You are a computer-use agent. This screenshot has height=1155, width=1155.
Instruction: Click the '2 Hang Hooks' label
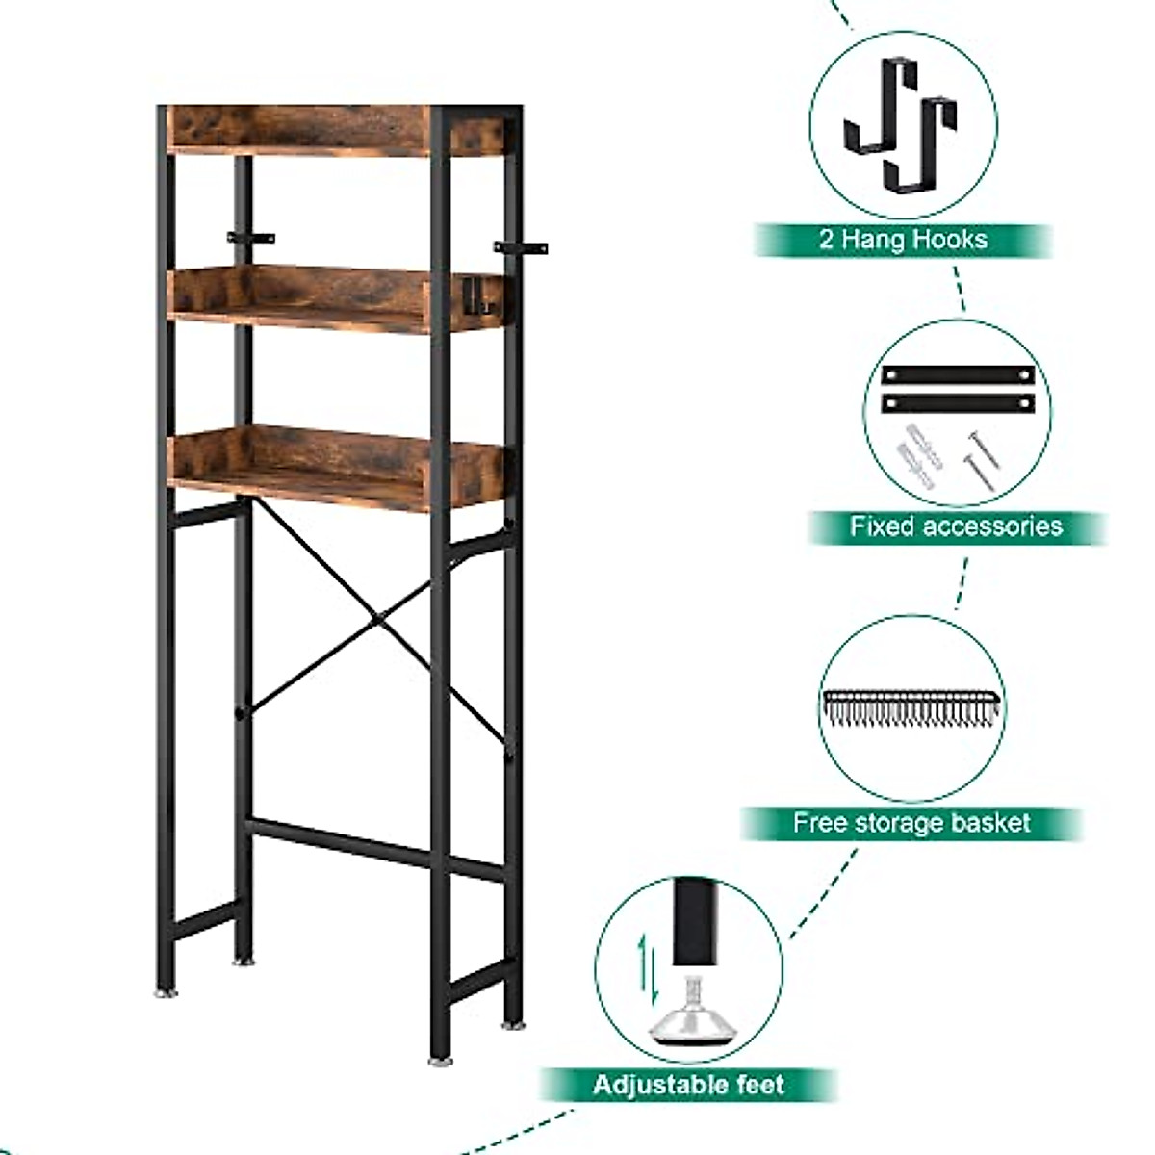[x=902, y=240]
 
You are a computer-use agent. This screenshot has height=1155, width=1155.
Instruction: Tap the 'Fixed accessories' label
[x=955, y=526]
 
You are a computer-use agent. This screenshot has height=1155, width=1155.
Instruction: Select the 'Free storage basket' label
[x=911, y=823]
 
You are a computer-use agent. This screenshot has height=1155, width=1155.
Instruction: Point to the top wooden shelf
[x=298, y=130]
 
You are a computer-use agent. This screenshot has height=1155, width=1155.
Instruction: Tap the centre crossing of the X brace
[x=380, y=614]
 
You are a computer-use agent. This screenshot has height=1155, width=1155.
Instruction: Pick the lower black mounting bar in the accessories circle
[x=957, y=401]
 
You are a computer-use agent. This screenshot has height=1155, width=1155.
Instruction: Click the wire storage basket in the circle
[x=911, y=709]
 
